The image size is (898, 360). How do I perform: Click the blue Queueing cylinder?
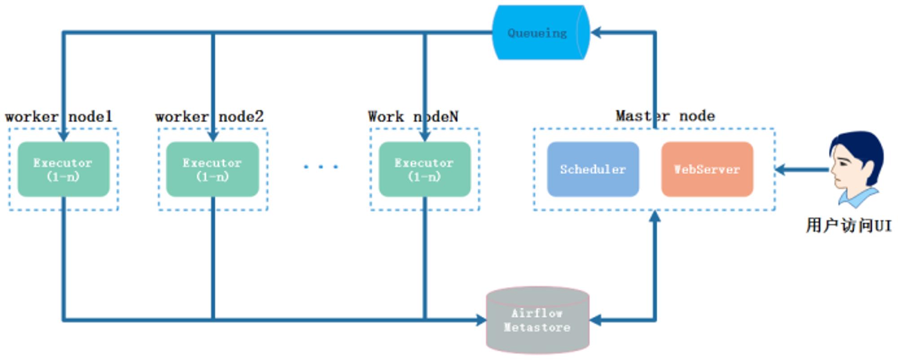point(541,32)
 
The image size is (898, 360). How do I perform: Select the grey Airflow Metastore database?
point(537,320)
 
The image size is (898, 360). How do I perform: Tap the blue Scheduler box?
point(593,169)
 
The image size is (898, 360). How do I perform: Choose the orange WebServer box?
point(707,169)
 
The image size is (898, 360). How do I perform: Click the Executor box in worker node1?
point(63,169)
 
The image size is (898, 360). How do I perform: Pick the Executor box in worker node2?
point(212,169)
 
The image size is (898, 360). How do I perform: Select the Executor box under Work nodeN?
point(425,169)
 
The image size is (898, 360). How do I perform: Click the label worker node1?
point(58,117)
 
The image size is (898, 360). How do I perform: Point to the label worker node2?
point(209,117)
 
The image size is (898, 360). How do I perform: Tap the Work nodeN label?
point(413,117)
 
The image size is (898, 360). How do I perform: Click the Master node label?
point(665,116)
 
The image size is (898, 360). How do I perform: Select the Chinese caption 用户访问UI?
point(849,225)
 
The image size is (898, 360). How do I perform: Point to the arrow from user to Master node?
point(801,170)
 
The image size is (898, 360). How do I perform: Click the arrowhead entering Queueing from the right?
point(596,32)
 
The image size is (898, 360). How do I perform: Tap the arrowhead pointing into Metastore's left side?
point(481,320)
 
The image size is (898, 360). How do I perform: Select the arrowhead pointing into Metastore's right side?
point(595,320)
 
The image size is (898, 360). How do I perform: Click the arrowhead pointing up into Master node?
point(655,216)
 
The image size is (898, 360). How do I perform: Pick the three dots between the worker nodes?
point(321,167)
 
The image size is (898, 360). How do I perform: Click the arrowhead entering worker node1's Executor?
point(64,136)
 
